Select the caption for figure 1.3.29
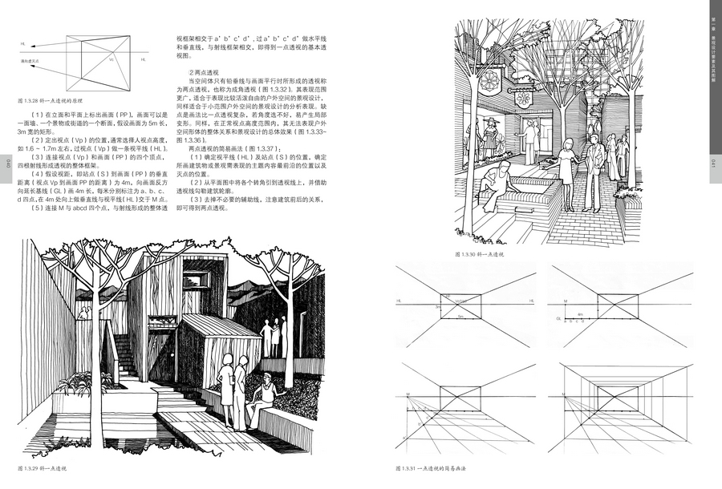(x=45, y=467)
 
